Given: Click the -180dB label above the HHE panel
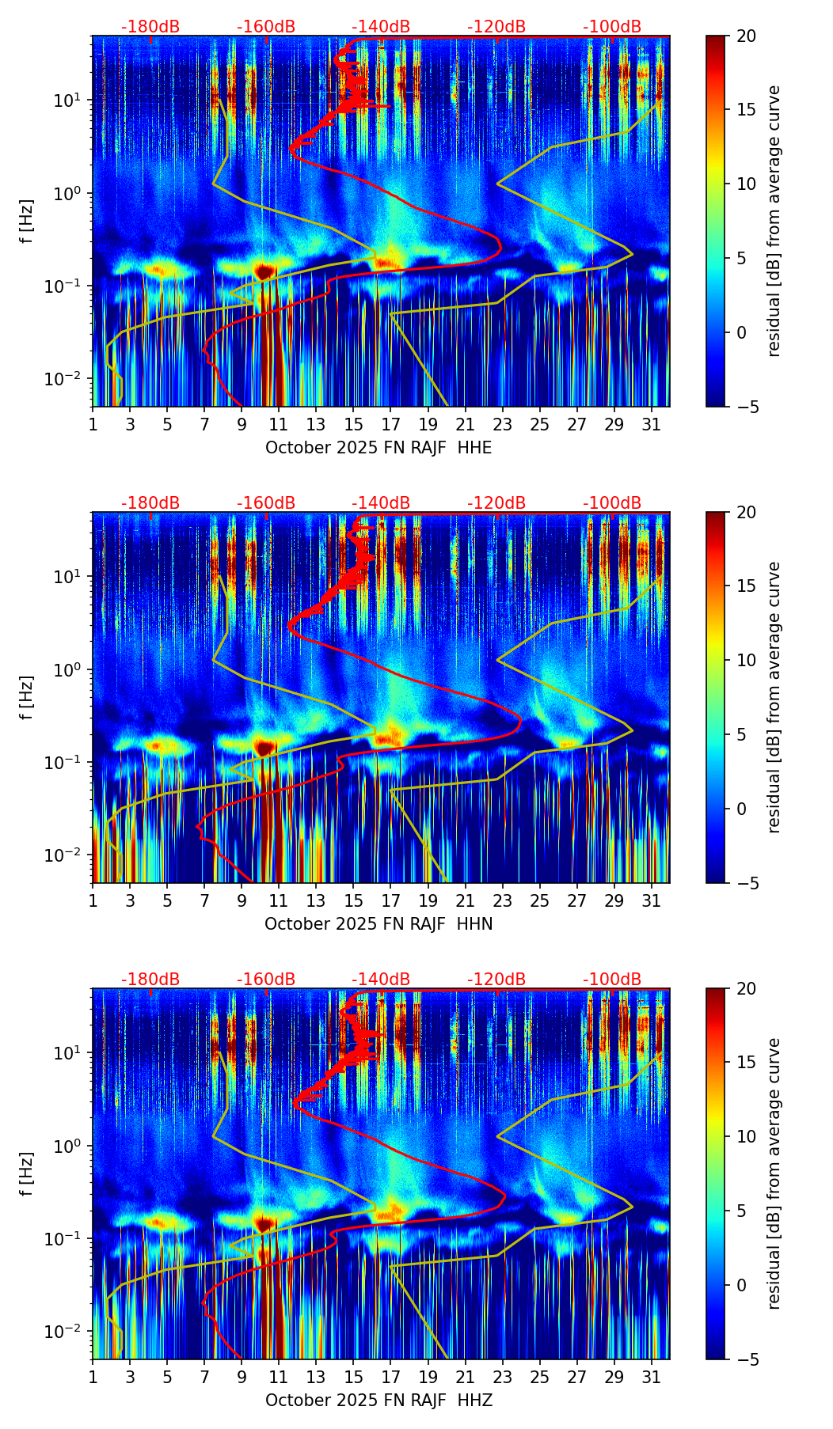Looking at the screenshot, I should click(150, 27).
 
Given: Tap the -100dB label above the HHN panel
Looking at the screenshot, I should click(612, 503).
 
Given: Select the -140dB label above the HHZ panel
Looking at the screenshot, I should click(381, 980).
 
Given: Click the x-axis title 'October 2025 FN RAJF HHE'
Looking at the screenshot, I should click(378, 448).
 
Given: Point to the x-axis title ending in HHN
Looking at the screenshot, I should click(378, 924).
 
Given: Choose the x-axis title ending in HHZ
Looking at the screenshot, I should click(378, 1401).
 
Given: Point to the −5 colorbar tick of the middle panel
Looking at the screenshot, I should click(742, 883).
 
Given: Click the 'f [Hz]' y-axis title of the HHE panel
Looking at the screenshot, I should click(27, 222).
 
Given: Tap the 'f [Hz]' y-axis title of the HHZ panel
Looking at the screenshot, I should click(27, 1174).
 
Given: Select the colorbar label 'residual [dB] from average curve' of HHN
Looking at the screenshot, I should click(774, 697).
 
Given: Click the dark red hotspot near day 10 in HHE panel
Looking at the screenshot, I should click(264, 271).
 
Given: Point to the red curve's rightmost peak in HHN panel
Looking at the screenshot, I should click(520, 722).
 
